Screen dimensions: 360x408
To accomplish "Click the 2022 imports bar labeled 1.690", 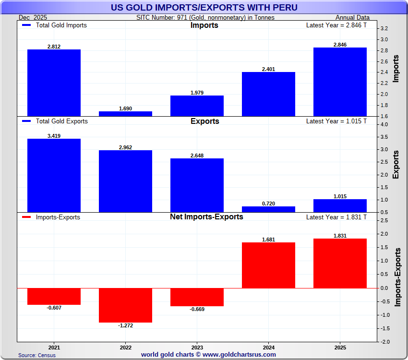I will pyautogui.click(x=125, y=114).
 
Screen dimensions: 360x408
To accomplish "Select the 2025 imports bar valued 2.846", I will pyautogui.click(x=340, y=82).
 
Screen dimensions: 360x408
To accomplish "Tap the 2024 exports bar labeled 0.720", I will pyautogui.click(x=268, y=209).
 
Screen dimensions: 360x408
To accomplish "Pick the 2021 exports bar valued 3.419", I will pyautogui.click(x=54, y=175).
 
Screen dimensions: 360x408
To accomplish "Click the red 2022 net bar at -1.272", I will pyautogui.click(x=125, y=305).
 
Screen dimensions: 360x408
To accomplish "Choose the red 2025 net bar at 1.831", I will pyautogui.click(x=340, y=264).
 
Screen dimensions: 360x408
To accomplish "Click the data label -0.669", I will pyautogui.click(x=197, y=309).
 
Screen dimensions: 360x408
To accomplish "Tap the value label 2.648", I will pyautogui.click(x=197, y=155).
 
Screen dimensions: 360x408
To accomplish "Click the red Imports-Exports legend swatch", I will pyautogui.click(x=27, y=217).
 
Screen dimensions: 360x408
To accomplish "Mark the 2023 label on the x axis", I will pyautogui.click(x=197, y=347).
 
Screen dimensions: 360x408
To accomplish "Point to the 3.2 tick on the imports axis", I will pyautogui.click(x=384, y=28).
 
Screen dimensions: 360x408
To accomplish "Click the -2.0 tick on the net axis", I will pyautogui.click(x=384, y=342).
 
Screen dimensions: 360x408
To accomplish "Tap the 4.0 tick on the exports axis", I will pyautogui.click(x=384, y=124).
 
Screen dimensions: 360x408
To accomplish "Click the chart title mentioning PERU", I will pyautogui.click(x=204, y=7).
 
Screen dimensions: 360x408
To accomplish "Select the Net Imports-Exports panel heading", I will pyautogui.click(x=206, y=217).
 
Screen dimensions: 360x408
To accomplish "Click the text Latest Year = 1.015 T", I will pyautogui.click(x=336, y=121).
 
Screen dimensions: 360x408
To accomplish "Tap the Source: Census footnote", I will pyautogui.click(x=37, y=355).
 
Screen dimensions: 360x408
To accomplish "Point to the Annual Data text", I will pyautogui.click(x=351, y=17).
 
